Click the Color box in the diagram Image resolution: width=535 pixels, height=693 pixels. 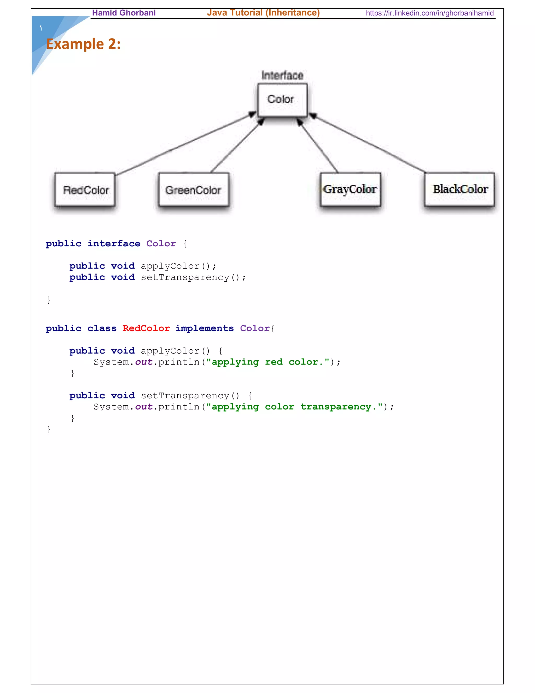(282, 100)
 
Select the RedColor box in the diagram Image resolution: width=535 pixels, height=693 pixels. (85, 190)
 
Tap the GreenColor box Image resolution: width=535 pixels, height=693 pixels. (193, 190)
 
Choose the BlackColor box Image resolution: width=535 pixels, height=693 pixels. (460, 189)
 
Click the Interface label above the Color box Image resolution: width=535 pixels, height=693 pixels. (282, 76)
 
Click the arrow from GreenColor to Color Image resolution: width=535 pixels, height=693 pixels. (236, 146)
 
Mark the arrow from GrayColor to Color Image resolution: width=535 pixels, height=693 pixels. (318, 146)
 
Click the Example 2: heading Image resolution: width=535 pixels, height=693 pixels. (83, 44)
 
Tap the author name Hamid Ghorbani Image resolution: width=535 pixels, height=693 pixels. (124, 13)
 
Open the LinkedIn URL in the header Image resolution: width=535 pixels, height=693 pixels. (429, 13)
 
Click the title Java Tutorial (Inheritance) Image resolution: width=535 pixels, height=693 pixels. (263, 13)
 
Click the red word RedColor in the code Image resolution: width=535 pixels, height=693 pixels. (146, 328)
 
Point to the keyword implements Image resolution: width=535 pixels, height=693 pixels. (205, 328)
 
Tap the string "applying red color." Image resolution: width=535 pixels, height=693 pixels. (268, 362)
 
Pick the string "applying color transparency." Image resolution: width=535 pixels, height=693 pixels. (294, 407)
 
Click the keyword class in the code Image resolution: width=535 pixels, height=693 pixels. (102, 328)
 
